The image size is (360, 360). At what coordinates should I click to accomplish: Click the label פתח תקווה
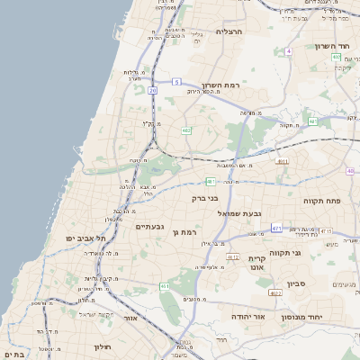pos(320,200)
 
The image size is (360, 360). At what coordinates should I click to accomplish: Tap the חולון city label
pos(101,346)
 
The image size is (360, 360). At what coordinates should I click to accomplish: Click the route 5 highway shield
pos(177,82)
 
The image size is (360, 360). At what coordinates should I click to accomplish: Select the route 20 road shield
pos(154,90)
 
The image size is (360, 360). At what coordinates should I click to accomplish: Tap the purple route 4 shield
pos(288,51)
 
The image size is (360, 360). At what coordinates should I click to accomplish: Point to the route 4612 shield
pos(233,257)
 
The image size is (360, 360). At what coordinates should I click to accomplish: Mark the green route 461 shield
pos(165,285)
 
